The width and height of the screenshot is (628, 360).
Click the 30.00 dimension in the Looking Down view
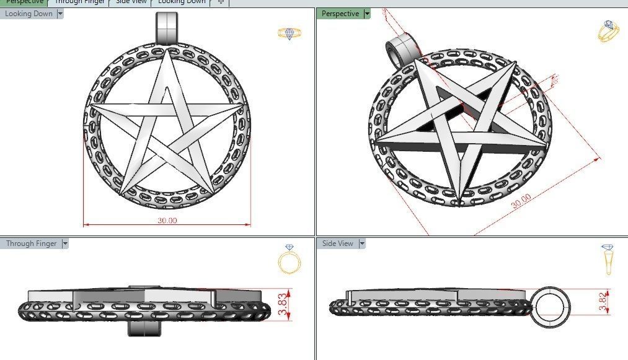tap(167, 221)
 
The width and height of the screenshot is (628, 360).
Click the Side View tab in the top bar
tap(131, 2)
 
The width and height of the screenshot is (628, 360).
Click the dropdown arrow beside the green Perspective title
tap(367, 14)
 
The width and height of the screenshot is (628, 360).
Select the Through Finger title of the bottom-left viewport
tap(31, 244)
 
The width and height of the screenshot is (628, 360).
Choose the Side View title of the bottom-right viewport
tap(338, 244)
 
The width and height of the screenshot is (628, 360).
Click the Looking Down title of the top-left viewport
tap(29, 14)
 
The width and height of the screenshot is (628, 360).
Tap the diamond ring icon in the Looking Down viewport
tap(290, 33)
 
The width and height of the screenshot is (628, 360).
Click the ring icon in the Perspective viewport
tap(608, 31)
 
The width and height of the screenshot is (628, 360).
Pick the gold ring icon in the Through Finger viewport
tap(290, 260)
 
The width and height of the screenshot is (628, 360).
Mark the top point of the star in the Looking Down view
tap(167, 53)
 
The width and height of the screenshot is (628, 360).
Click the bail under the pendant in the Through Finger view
tap(144, 327)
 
